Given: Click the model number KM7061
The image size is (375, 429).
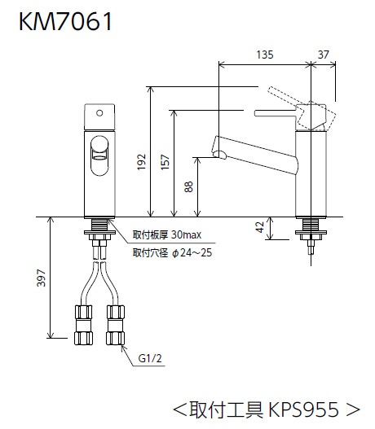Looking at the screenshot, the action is pos(66,21).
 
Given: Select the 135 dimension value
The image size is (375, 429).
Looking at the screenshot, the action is pos(265,55).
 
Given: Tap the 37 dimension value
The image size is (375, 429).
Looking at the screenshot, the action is pos(323,55).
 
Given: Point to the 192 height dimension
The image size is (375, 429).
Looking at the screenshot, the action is pos(141,162).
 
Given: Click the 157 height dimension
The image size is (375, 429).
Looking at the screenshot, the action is pos(165,162).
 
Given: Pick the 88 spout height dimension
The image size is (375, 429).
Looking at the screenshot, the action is pos(189,187).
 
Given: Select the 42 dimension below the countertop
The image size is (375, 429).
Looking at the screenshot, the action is pos(260,227).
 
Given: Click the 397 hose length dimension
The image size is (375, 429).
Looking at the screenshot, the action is pos(42,278).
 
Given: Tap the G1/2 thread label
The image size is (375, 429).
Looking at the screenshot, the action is pos(150,358).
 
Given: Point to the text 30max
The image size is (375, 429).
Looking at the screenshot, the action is pos(186,234).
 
